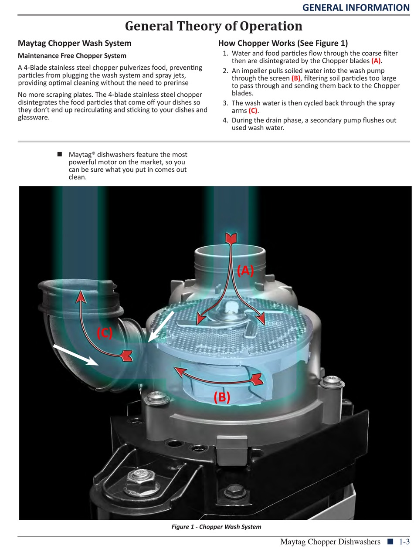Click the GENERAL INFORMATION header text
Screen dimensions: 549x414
pyautogui.click(x=356, y=7)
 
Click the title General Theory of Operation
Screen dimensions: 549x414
pyautogui.click(x=214, y=26)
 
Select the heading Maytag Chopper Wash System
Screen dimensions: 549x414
pyautogui.click(x=75, y=43)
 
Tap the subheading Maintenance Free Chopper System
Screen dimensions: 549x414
pyautogui.click(x=72, y=56)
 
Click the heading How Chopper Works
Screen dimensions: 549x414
pyautogui.click(x=283, y=43)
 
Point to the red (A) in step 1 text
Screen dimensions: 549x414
pyautogui.click(x=376, y=61)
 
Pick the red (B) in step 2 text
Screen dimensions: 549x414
pyautogui.click(x=296, y=78)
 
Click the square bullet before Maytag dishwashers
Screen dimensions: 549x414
pyautogui.click(x=60, y=154)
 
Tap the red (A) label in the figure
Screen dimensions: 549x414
pyautogui.click(x=245, y=271)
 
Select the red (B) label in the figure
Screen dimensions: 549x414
pyautogui.click(x=222, y=397)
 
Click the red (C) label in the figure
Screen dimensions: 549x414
pyautogui.click(x=105, y=333)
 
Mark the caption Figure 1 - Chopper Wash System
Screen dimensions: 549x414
pyautogui.click(x=216, y=527)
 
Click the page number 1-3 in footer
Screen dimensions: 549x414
pyautogui.click(x=403, y=542)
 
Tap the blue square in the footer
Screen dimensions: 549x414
pyautogui.click(x=390, y=542)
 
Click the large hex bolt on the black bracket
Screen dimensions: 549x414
pyautogui.click(x=135, y=481)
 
